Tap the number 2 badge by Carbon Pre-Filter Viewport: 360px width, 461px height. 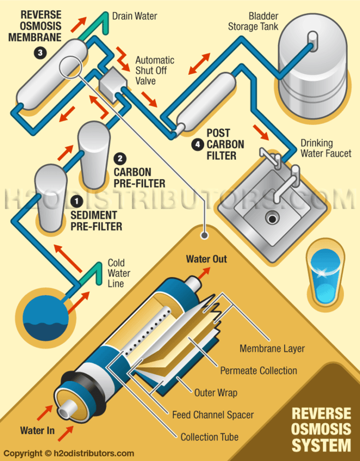[120, 158]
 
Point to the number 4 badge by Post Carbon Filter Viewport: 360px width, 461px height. [197, 145]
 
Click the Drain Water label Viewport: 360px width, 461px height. [134, 16]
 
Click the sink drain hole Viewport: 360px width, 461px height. [272, 218]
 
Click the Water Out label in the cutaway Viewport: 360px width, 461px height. [206, 259]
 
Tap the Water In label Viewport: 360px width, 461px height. [37, 430]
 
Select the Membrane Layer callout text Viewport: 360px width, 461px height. [272, 348]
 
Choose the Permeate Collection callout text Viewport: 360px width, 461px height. [258, 371]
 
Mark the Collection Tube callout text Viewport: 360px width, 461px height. [210, 437]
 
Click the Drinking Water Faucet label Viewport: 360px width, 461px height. [325, 149]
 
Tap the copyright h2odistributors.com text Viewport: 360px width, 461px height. [68, 453]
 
